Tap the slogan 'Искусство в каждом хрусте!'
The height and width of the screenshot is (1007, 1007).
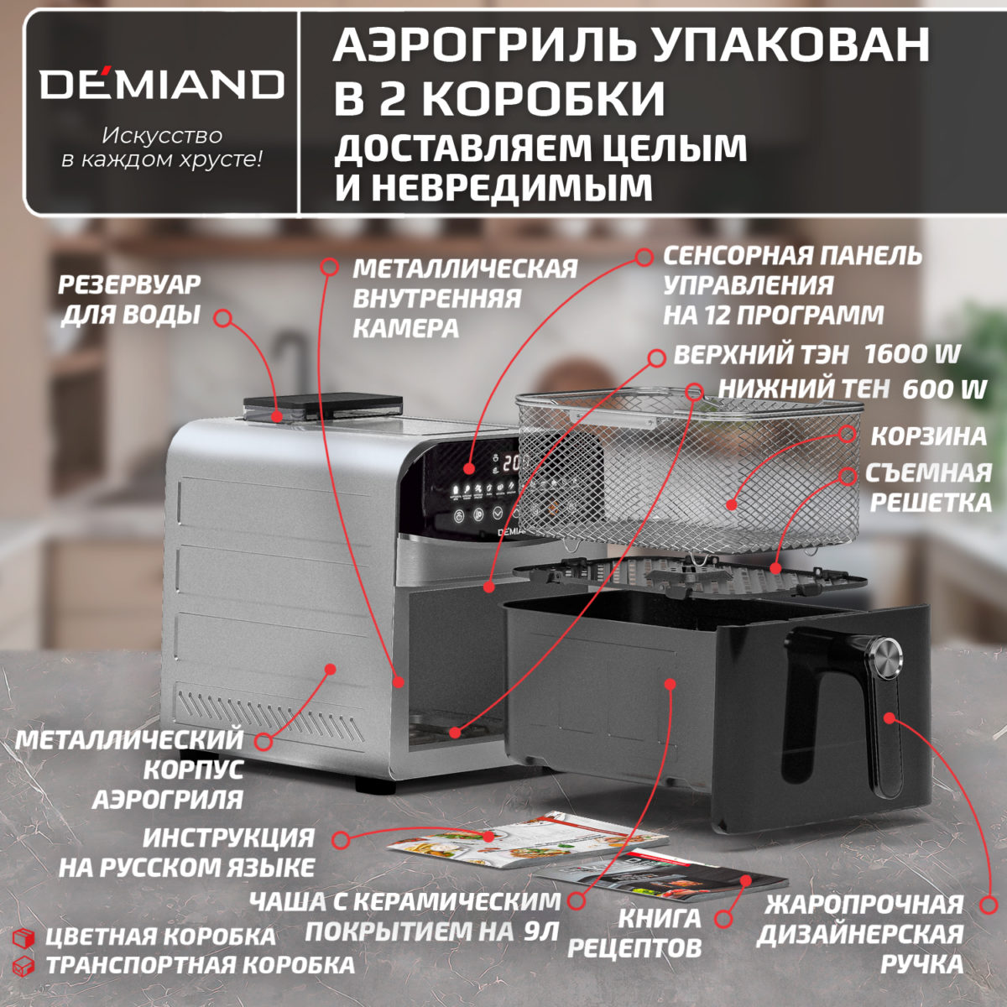(x=161, y=147)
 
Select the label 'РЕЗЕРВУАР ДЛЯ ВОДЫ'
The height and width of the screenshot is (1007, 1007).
(x=130, y=300)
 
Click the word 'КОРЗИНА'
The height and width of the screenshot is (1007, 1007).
(x=928, y=436)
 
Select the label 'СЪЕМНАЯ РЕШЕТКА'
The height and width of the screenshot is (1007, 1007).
(x=929, y=488)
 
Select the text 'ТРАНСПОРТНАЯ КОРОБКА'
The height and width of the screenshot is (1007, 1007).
(x=200, y=964)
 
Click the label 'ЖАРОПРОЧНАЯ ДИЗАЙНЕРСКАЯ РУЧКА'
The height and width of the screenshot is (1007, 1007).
(x=862, y=934)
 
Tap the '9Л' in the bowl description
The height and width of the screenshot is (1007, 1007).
(x=539, y=931)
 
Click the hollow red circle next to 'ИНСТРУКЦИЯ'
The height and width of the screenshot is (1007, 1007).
(x=340, y=840)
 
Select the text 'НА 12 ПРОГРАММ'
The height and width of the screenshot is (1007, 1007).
(x=773, y=315)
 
